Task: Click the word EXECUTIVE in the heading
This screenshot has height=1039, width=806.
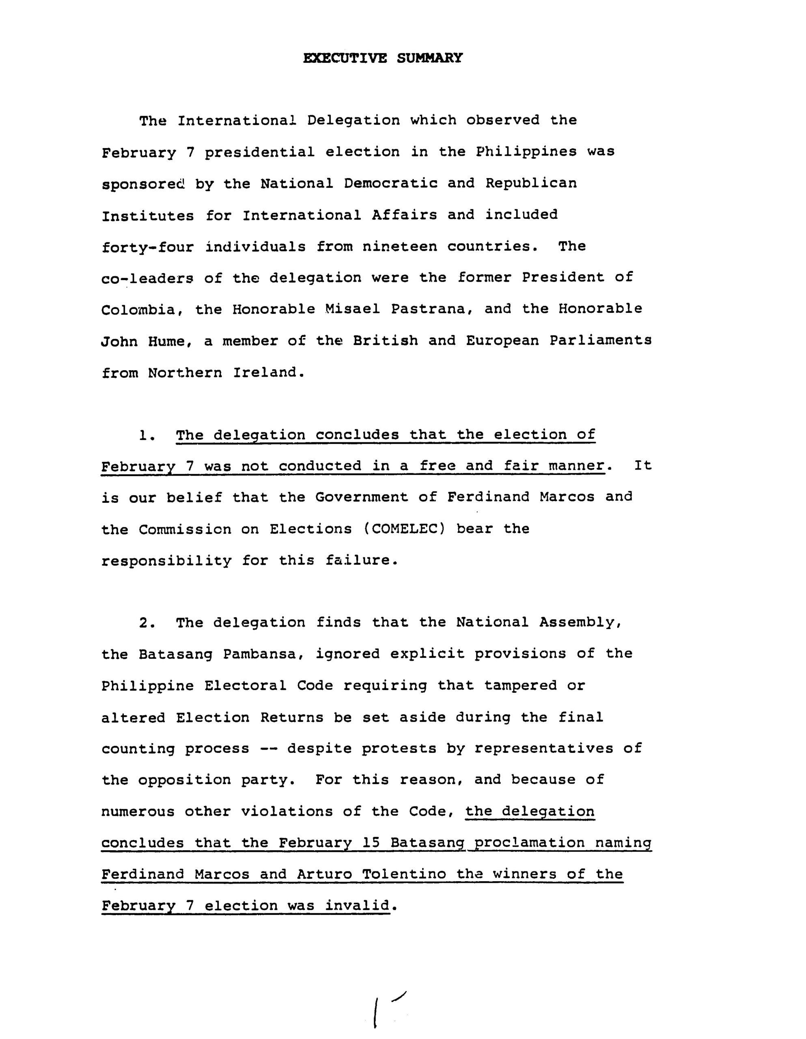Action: pyautogui.click(x=345, y=58)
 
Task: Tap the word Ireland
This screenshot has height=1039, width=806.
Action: pyautogui.click(x=267, y=373)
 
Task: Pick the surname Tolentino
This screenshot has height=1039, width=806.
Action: pyautogui.click(x=404, y=874)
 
